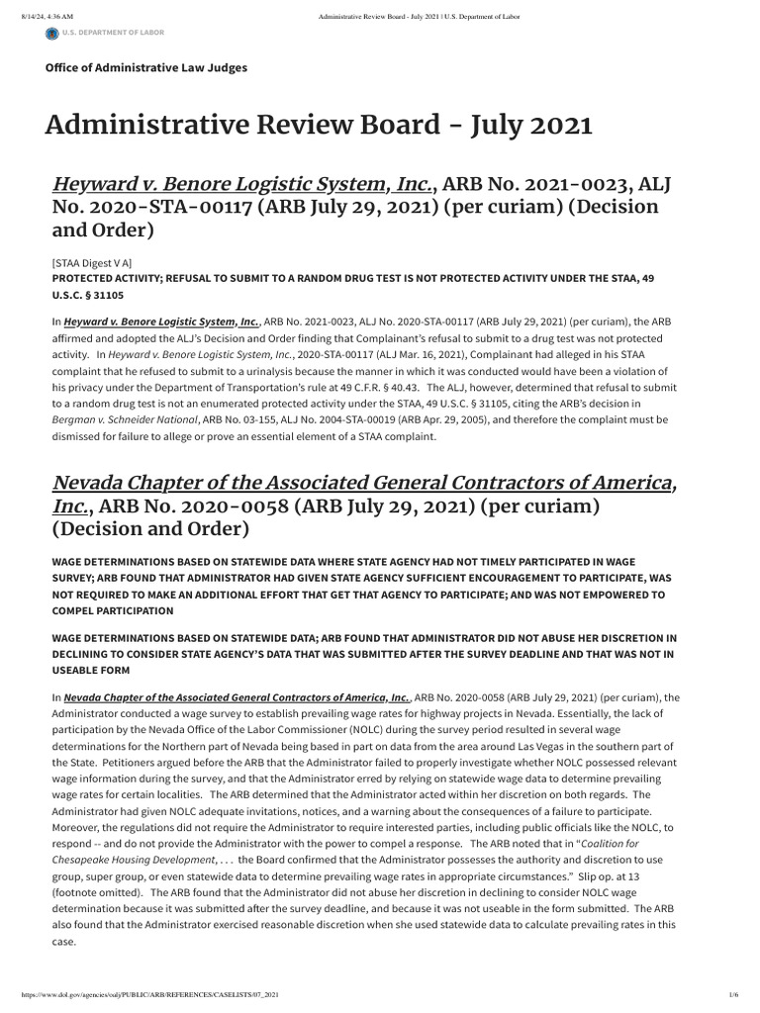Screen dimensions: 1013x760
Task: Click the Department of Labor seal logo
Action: pos(51,34)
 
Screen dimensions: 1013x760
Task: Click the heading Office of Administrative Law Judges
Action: pos(146,67)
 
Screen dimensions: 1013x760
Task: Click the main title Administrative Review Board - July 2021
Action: pos(319,126)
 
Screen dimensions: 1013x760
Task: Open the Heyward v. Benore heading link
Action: pos(242,184)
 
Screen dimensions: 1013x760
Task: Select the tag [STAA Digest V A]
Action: pos(91,263)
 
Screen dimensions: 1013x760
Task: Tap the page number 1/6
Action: pos(733,993)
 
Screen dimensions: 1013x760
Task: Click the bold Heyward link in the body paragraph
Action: pos(162,322)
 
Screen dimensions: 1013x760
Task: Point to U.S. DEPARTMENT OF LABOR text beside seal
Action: pos(114,33)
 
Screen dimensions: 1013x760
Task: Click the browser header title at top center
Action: pos(420,16)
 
